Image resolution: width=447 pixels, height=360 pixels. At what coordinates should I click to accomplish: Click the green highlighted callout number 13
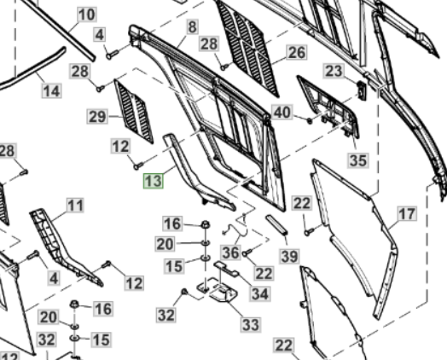point(154,181)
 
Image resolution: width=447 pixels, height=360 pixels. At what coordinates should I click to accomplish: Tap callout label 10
point(87,15)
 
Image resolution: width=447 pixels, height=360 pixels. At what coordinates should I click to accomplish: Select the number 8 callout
point(193,27)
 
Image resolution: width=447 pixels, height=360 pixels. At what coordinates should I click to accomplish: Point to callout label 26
point(297,52)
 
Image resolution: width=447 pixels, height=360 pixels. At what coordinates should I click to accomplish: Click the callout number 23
point(334,71)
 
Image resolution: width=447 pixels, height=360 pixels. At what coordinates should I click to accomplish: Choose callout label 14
point(51,91)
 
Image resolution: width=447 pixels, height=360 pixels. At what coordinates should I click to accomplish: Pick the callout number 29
point(97,117)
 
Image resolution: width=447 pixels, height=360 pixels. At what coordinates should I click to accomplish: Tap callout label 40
point(282,113)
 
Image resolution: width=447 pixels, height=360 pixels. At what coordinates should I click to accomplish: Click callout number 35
point(358,160)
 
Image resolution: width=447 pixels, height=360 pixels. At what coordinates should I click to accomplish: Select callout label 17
point(407,214)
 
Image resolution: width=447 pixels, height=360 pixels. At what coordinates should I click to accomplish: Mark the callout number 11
point(75,206)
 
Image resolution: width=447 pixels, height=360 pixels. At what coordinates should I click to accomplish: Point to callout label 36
point(230,253)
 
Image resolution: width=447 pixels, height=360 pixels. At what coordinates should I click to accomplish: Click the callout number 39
point(290,256)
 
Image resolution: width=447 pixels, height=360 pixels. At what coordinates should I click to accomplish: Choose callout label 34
point(260,293)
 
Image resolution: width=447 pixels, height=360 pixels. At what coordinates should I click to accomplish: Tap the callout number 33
point(251,325)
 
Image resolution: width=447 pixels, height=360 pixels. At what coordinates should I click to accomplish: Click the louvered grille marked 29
point(134,111)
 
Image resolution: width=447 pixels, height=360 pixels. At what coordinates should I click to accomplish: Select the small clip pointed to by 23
point(362,90)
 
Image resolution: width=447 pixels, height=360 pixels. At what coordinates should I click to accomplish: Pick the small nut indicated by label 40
point(310,120)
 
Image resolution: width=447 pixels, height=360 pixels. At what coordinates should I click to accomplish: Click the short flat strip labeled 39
point(276,225)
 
